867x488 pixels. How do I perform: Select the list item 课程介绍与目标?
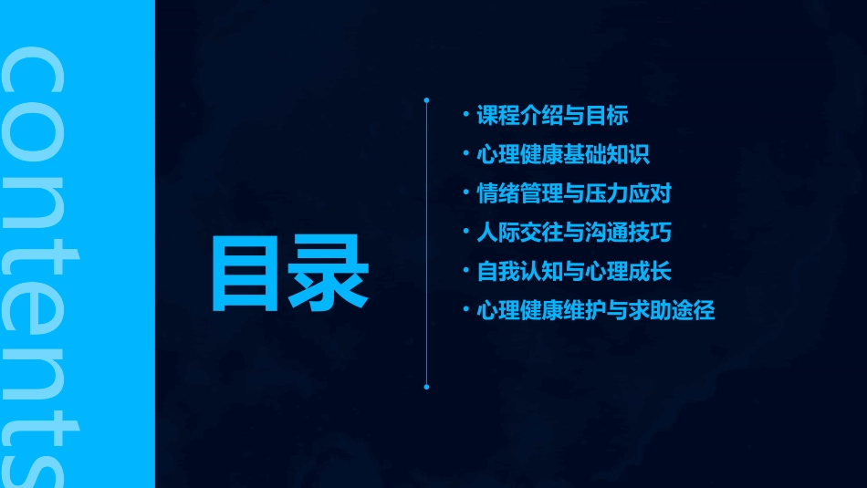pos(552,116)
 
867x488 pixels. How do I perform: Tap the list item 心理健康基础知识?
pos(563,154)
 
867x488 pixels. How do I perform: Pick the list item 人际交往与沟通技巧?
pos(574,233)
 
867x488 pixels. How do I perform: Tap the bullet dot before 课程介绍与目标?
pos(465,115)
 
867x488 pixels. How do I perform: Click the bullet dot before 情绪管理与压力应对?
pos(465,192)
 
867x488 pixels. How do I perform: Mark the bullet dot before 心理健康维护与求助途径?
pos(465,310)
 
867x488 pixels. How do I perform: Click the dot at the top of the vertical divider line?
pos(426,99)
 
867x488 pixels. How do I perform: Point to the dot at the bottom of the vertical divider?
pos(426,387)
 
